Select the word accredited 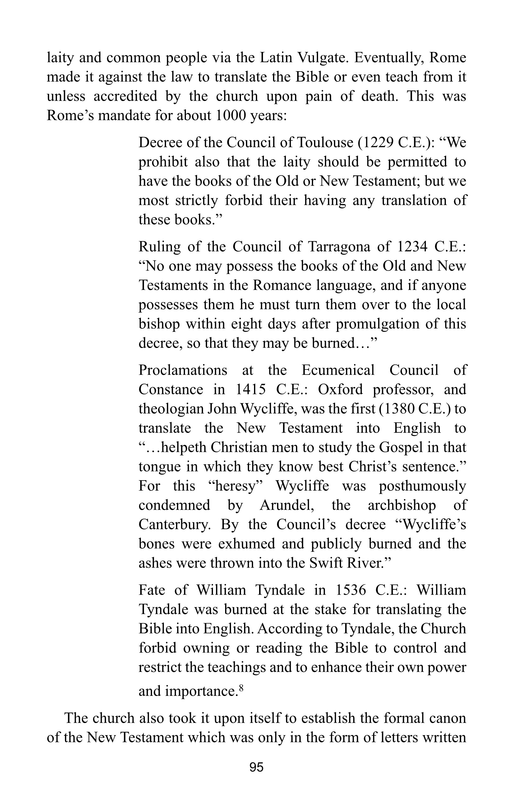click(x=125, y=96)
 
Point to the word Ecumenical click(x=338, y=370)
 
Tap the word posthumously click(x=423, y=486)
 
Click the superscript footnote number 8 click(x=242, y=683)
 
